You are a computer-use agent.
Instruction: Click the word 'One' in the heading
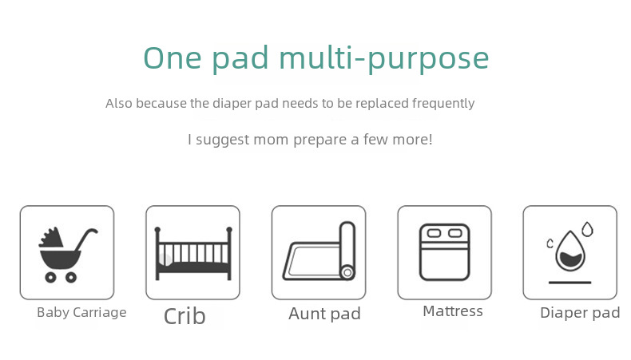click(173, 58)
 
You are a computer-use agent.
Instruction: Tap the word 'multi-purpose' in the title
click(384, 60)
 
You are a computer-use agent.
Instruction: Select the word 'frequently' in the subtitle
click(443, 104)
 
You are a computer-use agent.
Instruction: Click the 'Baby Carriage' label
click(81, 313)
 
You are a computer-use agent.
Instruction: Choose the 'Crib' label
click(185, 316)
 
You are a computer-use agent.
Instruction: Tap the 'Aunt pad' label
click(324, 315)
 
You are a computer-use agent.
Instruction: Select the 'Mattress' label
click(453, 311)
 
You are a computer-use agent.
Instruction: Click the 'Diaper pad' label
click(580, 313)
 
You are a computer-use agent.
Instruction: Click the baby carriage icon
click(68, 255)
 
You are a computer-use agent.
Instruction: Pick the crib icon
click(193, 253)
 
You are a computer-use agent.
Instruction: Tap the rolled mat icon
click(319, 251)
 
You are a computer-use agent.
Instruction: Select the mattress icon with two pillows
click(445, 252)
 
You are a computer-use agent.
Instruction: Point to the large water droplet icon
click(569, 251)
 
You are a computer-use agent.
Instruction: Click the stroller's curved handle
click(86, 239)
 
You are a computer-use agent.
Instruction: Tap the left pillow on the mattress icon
click(434, 233)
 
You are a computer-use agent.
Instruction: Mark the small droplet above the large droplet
click(588, 229)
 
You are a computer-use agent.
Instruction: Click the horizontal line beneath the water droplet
click(569, 283)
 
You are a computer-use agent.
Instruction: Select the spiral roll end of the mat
click(347, 273)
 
